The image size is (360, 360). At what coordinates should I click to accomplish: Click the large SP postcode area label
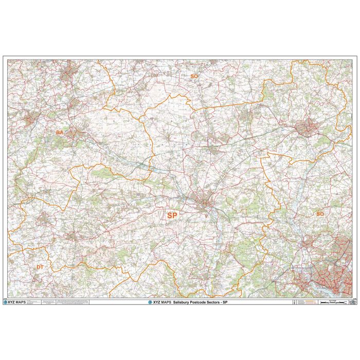171,215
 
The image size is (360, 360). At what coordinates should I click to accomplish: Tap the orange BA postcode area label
60,133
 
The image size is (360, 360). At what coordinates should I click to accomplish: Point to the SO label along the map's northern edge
194,76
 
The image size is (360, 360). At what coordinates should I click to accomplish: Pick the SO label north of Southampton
320,213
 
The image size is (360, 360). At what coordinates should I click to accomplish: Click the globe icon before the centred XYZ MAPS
150,302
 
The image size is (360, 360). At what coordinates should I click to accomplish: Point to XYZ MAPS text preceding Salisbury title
161,302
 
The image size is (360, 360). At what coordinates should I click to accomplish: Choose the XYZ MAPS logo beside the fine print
15,302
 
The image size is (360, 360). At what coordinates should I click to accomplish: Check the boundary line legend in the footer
303,302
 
